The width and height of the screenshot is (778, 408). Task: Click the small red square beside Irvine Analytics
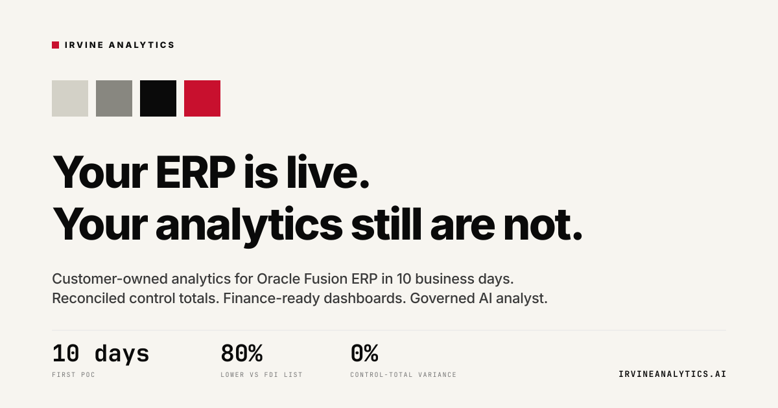[56, 45]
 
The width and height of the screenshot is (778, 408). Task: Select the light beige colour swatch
[70, 98]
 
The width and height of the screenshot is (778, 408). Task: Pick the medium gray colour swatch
[114, 98]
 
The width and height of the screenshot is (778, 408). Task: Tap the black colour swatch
[158, 98]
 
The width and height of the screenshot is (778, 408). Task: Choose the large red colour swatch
[202, 98]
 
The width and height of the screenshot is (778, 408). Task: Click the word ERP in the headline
[196, 172]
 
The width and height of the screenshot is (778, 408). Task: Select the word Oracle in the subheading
[278, 279]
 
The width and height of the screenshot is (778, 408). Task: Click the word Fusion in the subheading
[325, 279]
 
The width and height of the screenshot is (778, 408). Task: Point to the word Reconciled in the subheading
[89, 299]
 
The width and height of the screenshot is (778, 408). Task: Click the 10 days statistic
[100, 354]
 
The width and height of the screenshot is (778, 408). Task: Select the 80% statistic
[242, 353]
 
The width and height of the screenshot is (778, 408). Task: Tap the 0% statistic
[364, 353]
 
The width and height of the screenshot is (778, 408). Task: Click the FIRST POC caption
[74, 375]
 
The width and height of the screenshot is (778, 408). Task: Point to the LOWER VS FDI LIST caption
[261, 375]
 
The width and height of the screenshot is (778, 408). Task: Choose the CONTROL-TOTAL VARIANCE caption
[403, 375]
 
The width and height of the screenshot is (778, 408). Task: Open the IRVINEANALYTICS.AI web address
[672, 374]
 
